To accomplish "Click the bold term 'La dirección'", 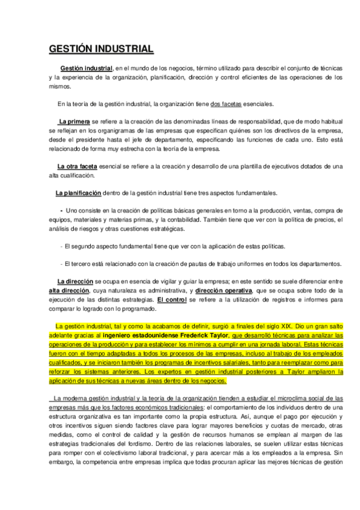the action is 75,281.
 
